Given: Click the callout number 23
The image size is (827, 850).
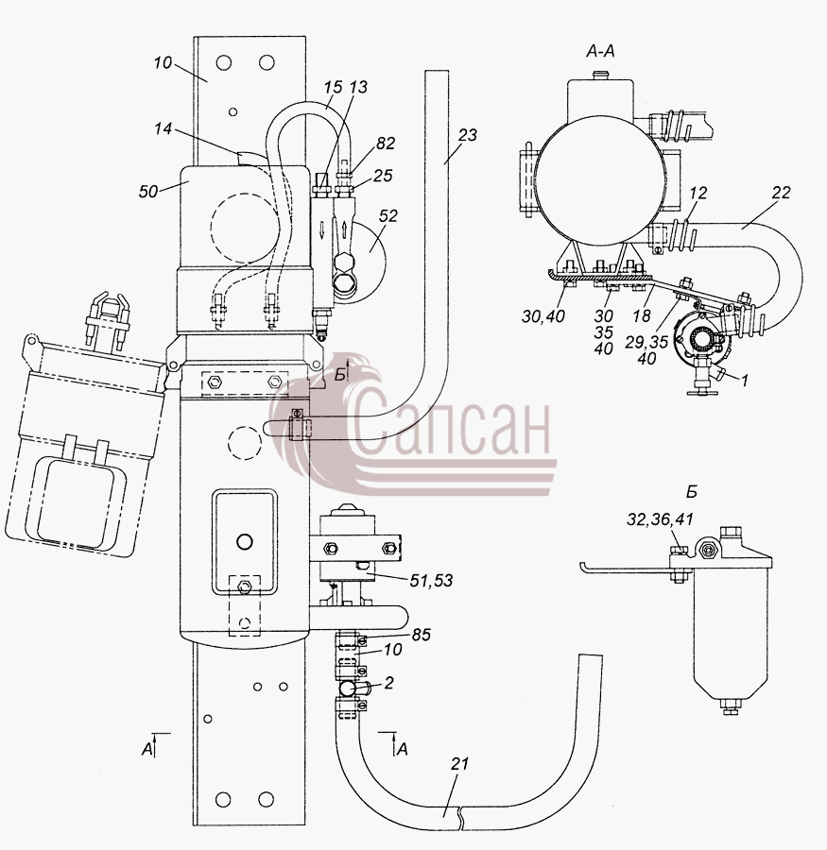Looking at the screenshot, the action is coord(467,134).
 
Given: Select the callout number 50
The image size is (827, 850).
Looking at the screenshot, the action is coord(148,192).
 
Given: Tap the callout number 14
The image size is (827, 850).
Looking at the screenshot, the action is coord(163,129).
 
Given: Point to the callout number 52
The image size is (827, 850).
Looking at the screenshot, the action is coord(388,215).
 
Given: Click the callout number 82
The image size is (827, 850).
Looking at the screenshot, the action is coord(385,144).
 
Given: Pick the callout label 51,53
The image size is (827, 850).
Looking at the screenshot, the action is coord(431,581).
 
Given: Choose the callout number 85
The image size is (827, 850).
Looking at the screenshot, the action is coord(421,635).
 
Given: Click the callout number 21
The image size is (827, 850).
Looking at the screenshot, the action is coord(459,764).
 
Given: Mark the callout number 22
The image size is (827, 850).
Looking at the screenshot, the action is coord(781,193).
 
